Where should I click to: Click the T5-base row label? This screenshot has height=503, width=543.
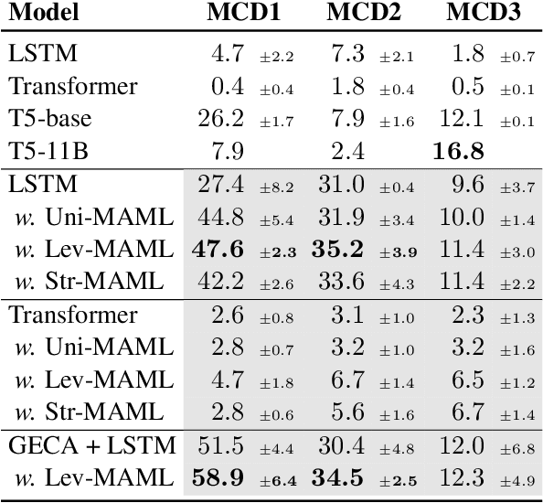pyautogui.click(x=51, y=118)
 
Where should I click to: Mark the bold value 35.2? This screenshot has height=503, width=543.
pyautogui.click(x=340, y=248)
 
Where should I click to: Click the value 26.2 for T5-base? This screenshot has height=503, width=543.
pyautogui.click(x=219, y=118)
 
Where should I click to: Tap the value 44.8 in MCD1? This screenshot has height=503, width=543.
pyautogui.click(x=219, y=216)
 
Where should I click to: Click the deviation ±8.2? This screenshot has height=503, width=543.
pyautogui.click(x=276, y=186)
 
